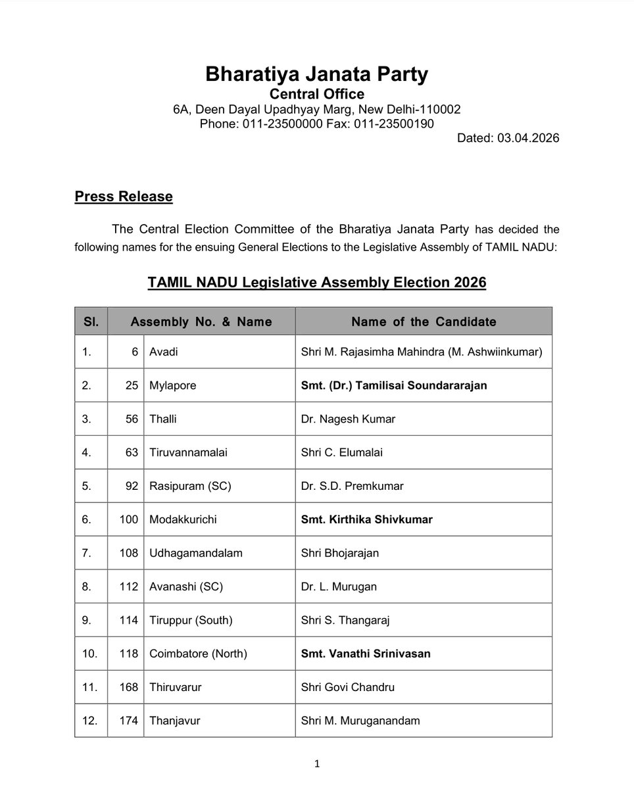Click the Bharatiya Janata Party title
316,74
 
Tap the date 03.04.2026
524,138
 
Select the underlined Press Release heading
124,196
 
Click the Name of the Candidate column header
424,322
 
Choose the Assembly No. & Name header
201,322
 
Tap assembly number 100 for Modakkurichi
129,519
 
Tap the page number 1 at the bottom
317,764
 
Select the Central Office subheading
316,94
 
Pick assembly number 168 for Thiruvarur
129,687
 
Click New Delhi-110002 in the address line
416,109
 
